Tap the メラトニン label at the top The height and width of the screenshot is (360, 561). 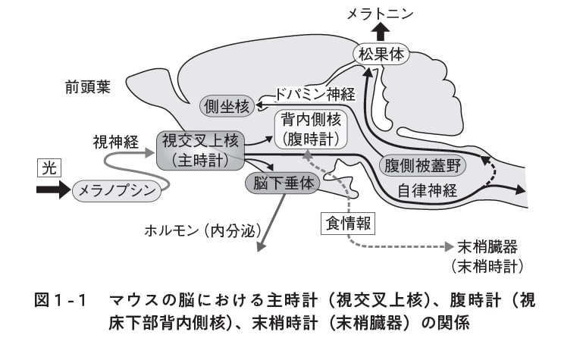pyautogui.click(x=381, y=12)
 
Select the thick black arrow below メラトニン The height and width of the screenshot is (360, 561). pyautogui.click(x=381, y=30)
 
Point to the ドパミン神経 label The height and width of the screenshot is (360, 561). pyautogui.click(x=319, y=95)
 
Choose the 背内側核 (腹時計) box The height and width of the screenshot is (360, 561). pyautogui.click(x=312, y=129)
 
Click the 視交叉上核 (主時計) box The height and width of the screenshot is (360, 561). pyautogui.click(x=201, y=150)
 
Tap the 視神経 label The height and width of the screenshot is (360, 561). pyautogui.click(x=113, y=141)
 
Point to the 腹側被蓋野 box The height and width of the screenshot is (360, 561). pyautogui.click(x=422, y=164)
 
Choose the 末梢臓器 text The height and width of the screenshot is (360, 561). pyautogui.click(x=487, y=248)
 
